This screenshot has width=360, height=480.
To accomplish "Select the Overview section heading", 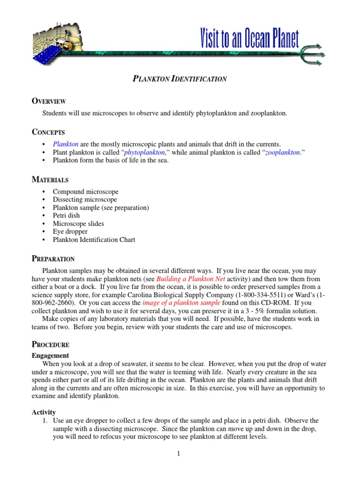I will (x=48, y=101).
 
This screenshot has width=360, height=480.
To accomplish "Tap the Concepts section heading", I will (x=48, y=132).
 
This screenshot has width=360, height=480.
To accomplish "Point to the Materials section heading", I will (x=50, y=180).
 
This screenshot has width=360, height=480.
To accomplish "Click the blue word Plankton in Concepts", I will (x=65, y=144).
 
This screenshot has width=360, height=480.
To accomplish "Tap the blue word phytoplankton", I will (x=145, y=152).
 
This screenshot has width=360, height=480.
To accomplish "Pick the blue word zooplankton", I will (x=282, y=152).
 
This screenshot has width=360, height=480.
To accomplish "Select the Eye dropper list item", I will (x=70, y=232).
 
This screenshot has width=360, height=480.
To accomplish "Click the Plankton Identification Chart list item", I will (x=94, y=240).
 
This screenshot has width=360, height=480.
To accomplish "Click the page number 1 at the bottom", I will (x=180, y=454).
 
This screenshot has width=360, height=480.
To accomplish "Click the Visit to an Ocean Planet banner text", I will (x=249, y=37).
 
